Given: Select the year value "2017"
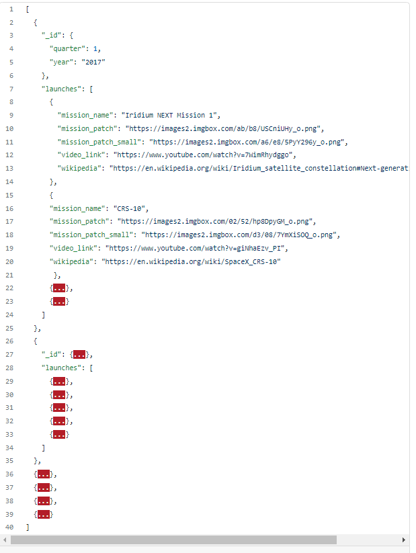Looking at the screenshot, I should (x=94, y=62).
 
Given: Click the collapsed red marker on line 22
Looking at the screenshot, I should (x=58, y=288).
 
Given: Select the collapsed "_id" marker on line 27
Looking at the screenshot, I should (x=79, y=354).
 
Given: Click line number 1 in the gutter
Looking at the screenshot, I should (x=11, y=9).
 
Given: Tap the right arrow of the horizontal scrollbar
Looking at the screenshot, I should (x=404, y=540).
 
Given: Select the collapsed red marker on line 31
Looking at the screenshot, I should (x=58, y=407).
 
